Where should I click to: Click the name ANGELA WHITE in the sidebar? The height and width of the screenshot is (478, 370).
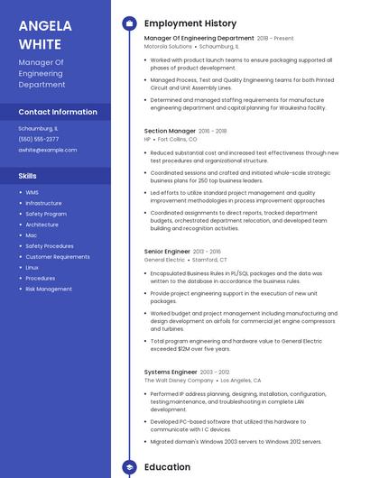(x=41, y=34)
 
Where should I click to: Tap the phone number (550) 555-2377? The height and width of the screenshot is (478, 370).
(x=39, y=139)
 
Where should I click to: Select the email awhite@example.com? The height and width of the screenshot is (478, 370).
(x=48, y=150)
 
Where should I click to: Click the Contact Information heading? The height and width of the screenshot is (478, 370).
(x=58, y=112)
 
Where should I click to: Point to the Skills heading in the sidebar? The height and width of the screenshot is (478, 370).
(x=27, y=176)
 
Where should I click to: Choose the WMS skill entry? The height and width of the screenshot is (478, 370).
(x=32, y=192)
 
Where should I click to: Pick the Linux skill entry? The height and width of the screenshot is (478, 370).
(x=32, y=268)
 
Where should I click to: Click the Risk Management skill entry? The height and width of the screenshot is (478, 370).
(x=49, y=290)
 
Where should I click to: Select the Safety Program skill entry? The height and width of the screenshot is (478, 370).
(x=46, y=214)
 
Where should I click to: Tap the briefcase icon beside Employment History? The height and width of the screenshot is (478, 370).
(x=128, y=23)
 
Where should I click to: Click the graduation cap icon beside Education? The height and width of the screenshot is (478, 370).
(x=128, y=467)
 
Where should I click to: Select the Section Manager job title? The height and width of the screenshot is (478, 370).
(x=170, y=131)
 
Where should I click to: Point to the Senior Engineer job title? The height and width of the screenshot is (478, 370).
(x=167, y=252)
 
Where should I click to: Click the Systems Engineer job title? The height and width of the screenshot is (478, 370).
(x=171, y=372)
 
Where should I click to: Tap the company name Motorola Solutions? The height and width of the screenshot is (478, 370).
(x=168, y=46)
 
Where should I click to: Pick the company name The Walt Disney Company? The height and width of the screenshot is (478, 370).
(x=177, y=381)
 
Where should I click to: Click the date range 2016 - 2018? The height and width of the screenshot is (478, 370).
(x=213, y=131)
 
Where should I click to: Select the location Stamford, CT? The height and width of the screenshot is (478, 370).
(x=211, y=260)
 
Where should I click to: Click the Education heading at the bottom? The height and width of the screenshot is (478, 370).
(x=167, y=467)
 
